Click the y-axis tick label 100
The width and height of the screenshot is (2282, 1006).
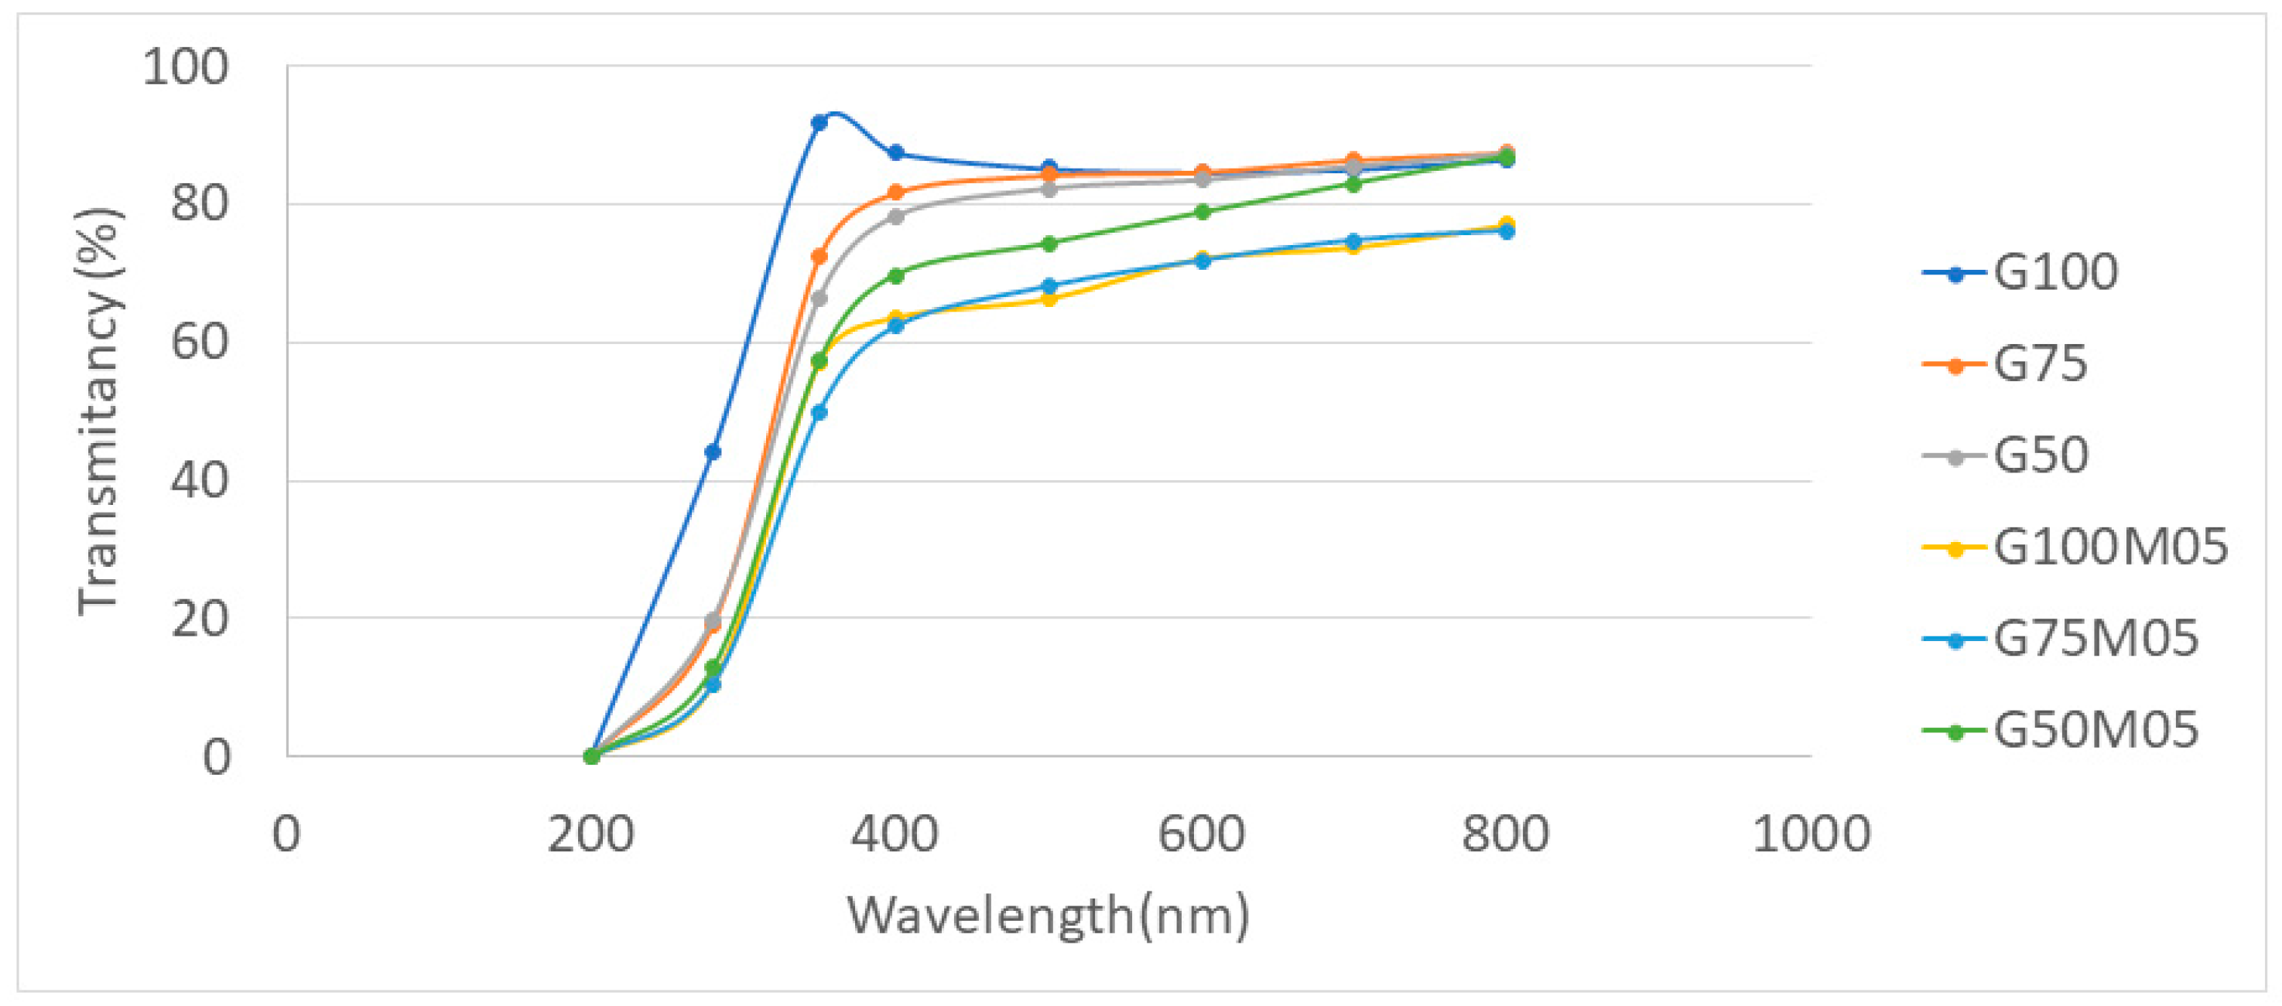tap(186, 67)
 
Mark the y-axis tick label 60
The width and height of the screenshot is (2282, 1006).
tap(200, 343)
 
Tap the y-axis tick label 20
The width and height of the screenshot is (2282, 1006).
tap(200, 619)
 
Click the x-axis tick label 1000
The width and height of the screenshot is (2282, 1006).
tap(1811, 834)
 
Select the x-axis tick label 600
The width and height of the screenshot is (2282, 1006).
tap(1201, 834)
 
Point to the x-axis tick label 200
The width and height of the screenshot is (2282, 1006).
tap(591, 834)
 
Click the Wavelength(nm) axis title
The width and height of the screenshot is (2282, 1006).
tap(1048, 915)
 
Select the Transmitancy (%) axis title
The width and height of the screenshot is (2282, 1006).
tap(98, 411)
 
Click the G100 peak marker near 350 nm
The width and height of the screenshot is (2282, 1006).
tap(819, 122)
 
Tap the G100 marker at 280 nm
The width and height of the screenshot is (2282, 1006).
tap(712, 452)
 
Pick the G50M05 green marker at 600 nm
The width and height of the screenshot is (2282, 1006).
tap(1202, 213)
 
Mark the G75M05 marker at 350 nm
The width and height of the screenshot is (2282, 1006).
tap(819, 413)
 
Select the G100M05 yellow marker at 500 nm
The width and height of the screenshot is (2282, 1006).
tap(1049, 299)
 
